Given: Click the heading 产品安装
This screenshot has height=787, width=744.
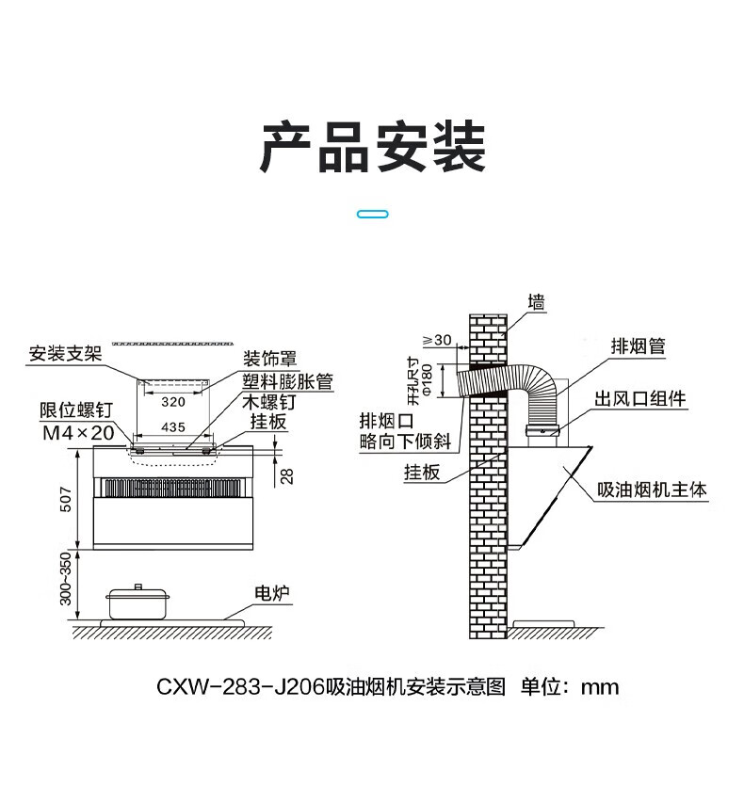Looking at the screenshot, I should [372, 148].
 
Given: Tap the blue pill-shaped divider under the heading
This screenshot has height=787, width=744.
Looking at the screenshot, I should [373, 215].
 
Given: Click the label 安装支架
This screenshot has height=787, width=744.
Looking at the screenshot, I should [63, 355].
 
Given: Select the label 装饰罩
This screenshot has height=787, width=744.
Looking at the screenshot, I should [270, 359].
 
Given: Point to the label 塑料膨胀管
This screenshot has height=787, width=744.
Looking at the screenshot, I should [287, 380].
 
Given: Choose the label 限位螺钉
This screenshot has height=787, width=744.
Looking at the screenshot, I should [76, 411].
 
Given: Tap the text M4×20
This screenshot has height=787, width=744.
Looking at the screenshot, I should [78, 433].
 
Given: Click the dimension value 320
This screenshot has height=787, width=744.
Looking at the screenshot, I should [172, 401].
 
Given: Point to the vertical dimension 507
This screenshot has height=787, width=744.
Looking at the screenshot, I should [63, 498].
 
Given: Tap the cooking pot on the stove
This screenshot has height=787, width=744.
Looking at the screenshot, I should [137, 602].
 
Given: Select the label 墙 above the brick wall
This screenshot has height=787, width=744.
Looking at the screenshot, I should [536, 304].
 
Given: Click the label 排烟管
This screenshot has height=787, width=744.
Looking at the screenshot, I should [638, 346].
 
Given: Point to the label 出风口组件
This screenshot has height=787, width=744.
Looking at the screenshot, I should [639, 399].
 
